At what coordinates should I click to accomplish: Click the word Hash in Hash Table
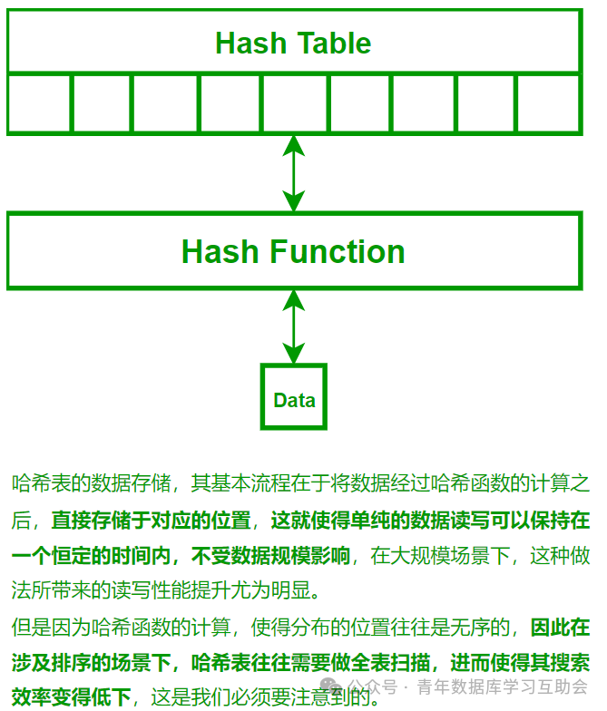point(244,43)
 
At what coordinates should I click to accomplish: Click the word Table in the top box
point(335,43)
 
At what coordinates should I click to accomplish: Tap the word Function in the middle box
point(337,251)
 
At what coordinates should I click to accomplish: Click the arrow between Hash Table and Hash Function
point(293,173)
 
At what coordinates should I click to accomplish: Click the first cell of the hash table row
point(39,103)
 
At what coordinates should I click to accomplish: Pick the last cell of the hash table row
point(548,103)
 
